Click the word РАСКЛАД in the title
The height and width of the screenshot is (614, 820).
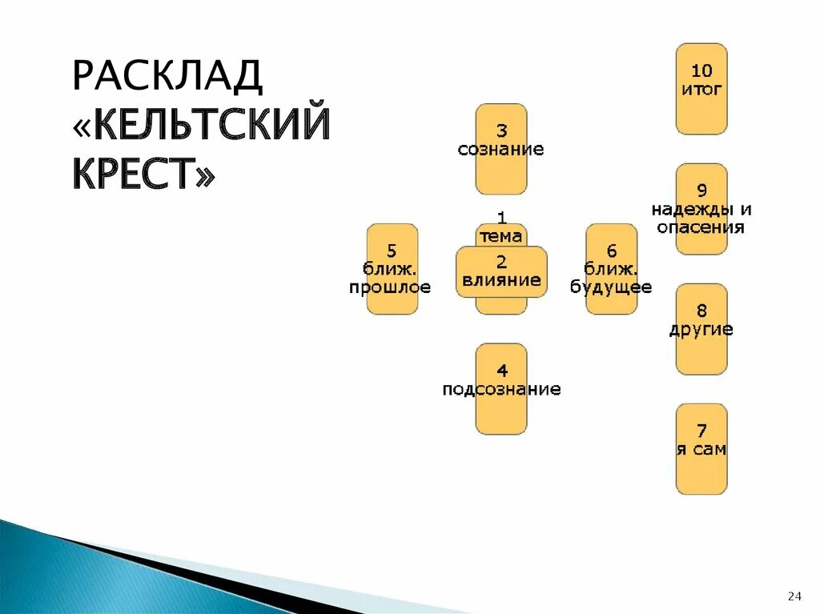click(167, 76)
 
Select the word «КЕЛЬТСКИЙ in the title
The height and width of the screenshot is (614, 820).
click(201, 126)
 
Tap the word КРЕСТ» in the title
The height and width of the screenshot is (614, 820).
click(144, 173)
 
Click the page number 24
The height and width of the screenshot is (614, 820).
click(794, 596)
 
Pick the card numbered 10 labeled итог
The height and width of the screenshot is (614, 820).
click(701, 88)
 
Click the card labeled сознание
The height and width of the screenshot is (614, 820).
click(501, 149)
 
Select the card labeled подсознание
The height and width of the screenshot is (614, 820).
click(501, 389)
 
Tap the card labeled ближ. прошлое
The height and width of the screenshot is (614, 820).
click(392, 269)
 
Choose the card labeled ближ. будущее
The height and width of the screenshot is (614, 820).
click(611, 269)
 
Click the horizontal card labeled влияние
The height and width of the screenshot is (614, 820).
click(501, 272)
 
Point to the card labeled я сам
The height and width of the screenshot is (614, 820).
click(701, 449)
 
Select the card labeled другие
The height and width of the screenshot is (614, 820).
click(701, 329)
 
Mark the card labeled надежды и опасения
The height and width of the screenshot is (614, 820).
click(701, 210)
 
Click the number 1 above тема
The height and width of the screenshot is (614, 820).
click(501, 218)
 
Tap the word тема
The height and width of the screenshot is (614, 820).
click(501, 236)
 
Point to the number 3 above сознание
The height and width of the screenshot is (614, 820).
click(501, 130)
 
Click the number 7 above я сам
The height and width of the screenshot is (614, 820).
click(701, 431)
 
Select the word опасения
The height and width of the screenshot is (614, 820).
click(701, 227)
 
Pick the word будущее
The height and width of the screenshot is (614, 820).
click(611, 287)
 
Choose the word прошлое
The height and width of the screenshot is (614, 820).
click(390, 287)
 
